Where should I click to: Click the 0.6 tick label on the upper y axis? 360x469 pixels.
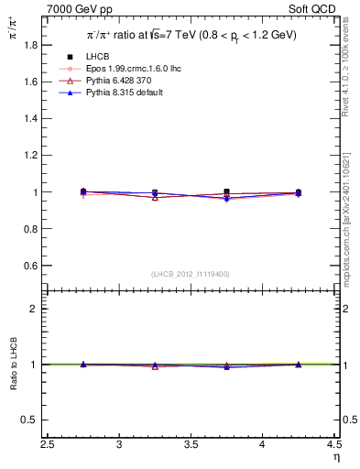click(x=30, y=266)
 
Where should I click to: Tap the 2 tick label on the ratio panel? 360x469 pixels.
click(x=35, y=309)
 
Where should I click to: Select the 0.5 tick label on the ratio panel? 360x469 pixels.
click(x=30, y=420)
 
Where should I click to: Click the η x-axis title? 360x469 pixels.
click(x=335, y=457)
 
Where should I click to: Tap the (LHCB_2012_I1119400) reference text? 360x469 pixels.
click(x=191, y=274)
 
